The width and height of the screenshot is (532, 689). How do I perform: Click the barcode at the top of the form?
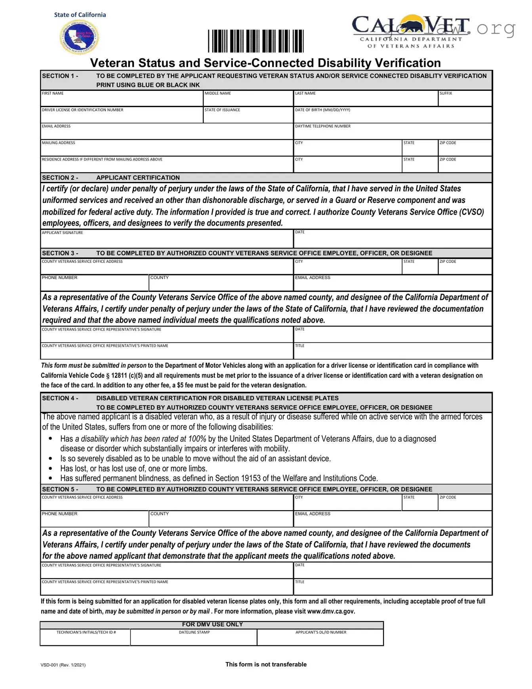point(256,41)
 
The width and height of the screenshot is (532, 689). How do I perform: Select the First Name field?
point(122,100)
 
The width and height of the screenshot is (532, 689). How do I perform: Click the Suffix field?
point(465,100)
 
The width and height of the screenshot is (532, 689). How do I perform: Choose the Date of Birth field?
point(392,117)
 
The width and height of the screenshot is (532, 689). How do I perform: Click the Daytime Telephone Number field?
point(392,133)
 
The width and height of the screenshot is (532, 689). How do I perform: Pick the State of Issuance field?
point(248,117)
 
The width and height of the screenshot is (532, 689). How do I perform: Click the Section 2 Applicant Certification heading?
point(138,178)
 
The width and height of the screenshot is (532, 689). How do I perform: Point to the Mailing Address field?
point(166,149)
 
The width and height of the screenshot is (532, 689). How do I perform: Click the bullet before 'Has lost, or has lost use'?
point(50,469)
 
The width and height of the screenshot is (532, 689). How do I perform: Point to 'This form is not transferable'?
point(266,664)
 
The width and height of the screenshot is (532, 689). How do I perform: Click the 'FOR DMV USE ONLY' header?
point(212,624)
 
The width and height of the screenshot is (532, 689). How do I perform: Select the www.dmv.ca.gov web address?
point(331,611)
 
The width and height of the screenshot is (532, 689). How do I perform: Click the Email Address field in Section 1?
point(166,133)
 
